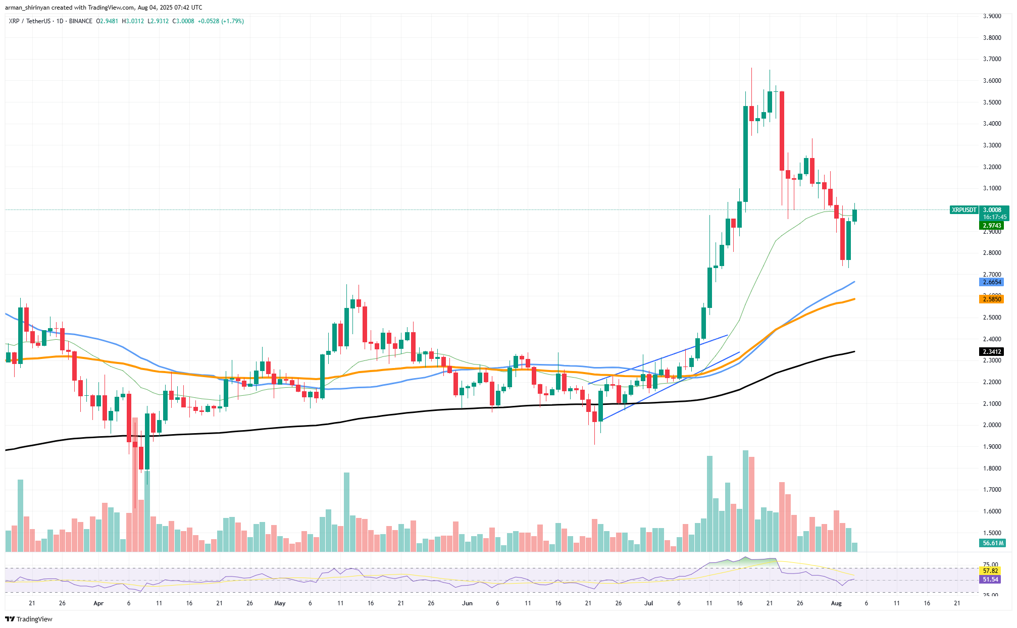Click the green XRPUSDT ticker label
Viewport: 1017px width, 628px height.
(963, 210)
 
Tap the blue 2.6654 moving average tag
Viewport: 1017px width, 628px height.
(991, 282)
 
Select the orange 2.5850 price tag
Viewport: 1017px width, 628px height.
(991, 299)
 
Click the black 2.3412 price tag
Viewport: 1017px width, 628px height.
(991, 352)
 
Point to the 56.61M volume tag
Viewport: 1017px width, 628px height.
(991, 543)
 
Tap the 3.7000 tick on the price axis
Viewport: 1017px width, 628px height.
(992, 59)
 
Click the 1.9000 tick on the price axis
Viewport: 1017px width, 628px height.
(992, 447)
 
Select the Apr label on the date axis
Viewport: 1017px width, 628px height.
(98, 603)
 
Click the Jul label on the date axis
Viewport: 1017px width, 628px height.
(649, 603)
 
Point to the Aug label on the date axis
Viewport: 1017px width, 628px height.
(836, 603)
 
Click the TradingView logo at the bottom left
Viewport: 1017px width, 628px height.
(29, 619)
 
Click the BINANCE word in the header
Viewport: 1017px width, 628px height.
(81, 21)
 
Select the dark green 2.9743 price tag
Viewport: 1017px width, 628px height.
(991, 226)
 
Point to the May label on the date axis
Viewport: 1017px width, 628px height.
(280, 603)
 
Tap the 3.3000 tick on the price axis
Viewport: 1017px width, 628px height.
(992, 145)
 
